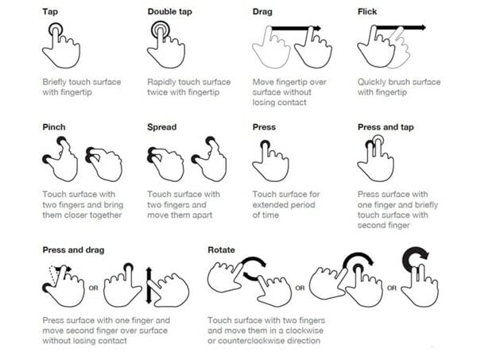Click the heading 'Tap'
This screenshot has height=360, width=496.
(x=50, y=12)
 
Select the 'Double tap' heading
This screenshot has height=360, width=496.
(x=169, y=12)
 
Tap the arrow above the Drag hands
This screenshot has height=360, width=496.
(x=296, y=29)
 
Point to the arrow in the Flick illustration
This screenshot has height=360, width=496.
(x=401, y=28)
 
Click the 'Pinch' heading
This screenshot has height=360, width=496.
(x=54, y=127)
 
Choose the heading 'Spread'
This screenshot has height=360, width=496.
(x=161, y=127)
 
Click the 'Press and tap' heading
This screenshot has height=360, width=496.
(x=386, y=127)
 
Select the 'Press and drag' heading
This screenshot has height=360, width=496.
(x=73, y=250)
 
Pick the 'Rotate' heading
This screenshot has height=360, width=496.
(x=221, y=250)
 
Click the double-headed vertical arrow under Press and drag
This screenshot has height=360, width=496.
(x=149, y=285)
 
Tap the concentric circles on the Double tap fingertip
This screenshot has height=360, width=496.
(x=161, y=30)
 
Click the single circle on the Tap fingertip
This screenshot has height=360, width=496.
(x=56, y=30)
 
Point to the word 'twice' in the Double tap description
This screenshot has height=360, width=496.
(x=157, y=92)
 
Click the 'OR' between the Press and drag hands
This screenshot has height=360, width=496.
(x=93, y=288)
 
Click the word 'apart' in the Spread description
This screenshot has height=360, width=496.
(x=203, y=215)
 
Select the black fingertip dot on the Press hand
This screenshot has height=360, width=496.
(x=265, y=145)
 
